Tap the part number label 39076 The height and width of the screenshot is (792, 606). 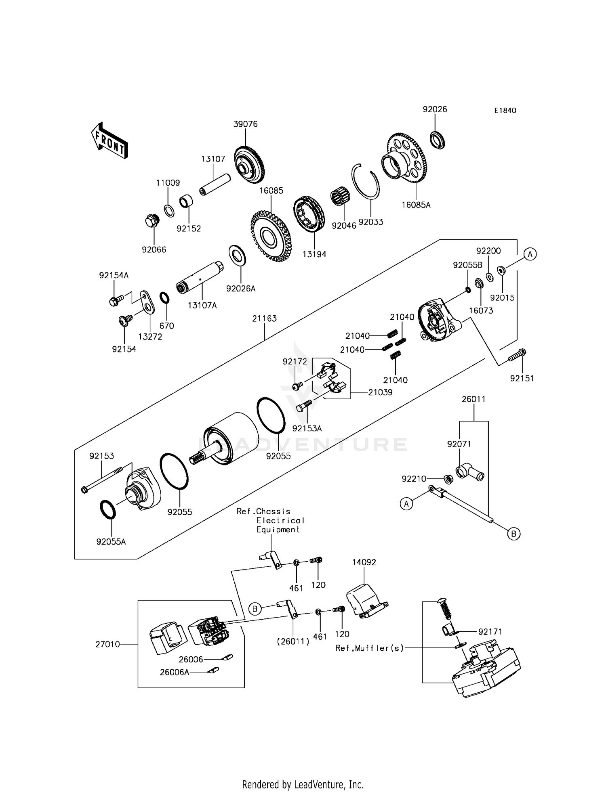[245, 124]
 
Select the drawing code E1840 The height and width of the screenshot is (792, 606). [505, 111]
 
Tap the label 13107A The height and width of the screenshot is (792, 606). [202, 306]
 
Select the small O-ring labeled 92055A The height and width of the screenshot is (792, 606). [107, 509]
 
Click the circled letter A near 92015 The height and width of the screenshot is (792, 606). [530, 254]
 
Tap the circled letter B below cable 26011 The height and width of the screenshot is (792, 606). [513, 534]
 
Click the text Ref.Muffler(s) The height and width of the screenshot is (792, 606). [370, 648]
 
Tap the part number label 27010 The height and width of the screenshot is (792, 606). [107, 644]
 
